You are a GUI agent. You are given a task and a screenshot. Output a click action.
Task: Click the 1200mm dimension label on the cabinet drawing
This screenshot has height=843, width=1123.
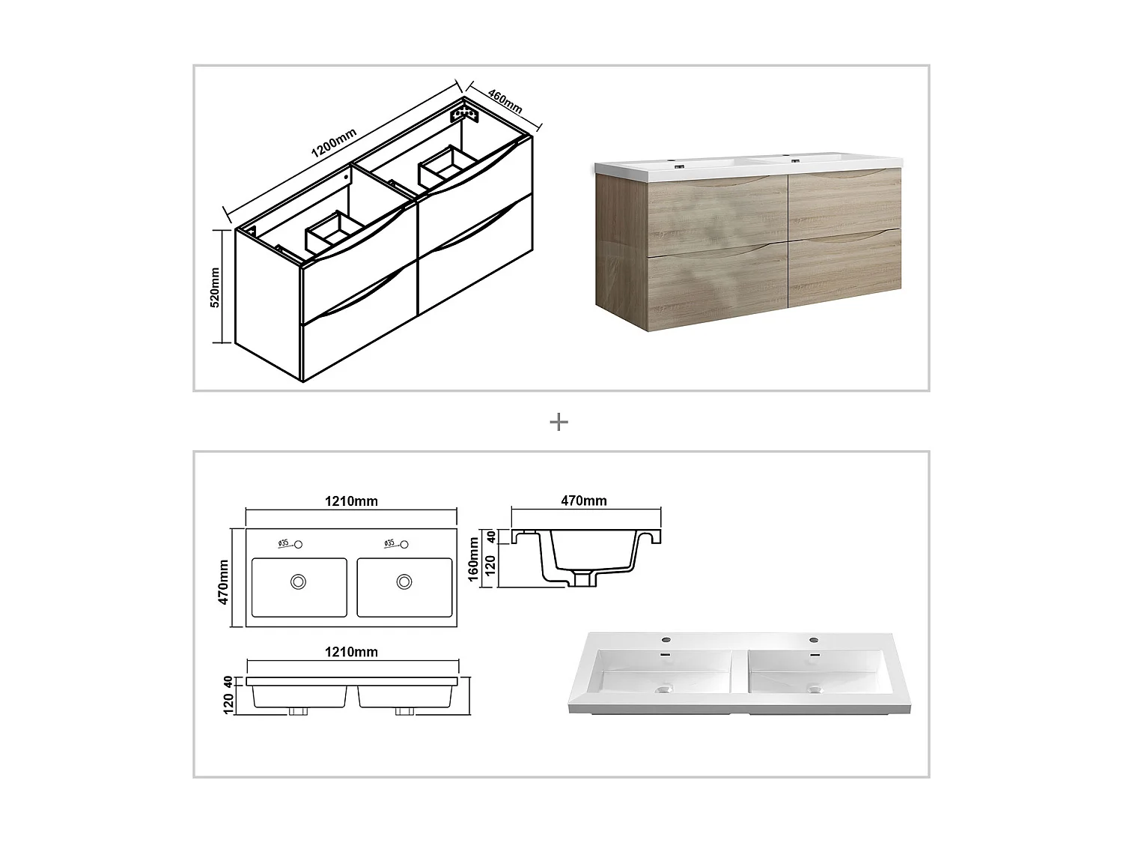pyautogui.click(x=334, y=142)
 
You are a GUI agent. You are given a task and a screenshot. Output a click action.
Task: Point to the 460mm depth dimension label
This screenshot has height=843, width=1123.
pyautogui.click(x=505, y=101)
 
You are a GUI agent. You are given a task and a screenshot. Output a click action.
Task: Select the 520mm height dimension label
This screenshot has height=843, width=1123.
pyautogui.click(x=215, y=287)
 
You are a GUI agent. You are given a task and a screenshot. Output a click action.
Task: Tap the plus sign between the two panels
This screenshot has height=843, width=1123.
pyautogui.click(x=559, y=423)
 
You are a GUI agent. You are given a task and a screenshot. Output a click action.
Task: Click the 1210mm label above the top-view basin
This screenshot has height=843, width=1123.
pyautogui.click(x=351, y=501)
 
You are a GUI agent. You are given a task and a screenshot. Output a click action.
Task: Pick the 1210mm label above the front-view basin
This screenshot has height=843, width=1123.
pyautogui.click(x=351, y=652)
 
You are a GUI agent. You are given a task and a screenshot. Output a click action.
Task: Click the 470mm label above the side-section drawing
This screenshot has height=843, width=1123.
pyautogui.click(x=584, y=501)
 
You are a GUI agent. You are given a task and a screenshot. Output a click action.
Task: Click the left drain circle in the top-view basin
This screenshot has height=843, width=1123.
pyautogui.click(x=299, y=581)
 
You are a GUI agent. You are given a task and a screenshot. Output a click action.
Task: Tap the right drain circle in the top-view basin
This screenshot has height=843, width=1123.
pyautogui.click(x=404, y=581)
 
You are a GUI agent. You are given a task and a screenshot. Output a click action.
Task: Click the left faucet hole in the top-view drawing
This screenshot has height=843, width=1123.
pyautogui.click(x=298, y=544)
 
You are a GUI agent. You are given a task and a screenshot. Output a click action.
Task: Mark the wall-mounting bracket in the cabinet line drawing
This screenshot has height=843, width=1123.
pyautogui.click(x=463, y=115)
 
